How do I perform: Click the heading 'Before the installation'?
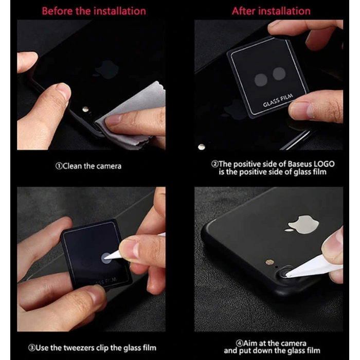point(94,10)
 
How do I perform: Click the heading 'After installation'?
point(271,10)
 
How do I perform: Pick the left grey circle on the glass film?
point(262,78)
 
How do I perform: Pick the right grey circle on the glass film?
point(279,74)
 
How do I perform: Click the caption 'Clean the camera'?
point(88,166)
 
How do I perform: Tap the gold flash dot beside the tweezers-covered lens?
point(268,262)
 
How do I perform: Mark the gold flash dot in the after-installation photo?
point(202,147)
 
